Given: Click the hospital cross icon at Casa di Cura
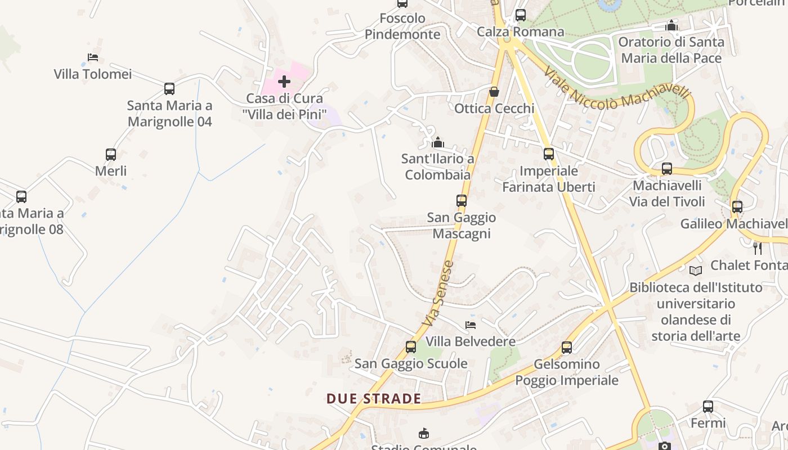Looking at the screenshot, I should click(x=284, y=82).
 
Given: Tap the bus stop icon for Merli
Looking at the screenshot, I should click(x=111, y=154).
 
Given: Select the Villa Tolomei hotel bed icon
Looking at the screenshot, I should click(x=93, y=57).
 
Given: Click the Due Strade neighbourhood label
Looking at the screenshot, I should click(x=374, y=399).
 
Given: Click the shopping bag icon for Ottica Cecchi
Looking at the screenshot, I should click(x=494, y=91).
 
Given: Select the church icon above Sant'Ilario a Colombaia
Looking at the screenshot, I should click(x=438, y=142).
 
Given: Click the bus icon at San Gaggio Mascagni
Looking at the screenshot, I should click(x=462, y=200).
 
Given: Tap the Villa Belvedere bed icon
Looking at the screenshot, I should click(x=471, y=325).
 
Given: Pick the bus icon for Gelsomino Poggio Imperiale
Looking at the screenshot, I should click(x=567, y=347).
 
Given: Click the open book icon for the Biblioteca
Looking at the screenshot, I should click(x=696, y=271).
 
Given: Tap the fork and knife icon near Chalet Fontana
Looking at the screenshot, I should click(x=758, y=248).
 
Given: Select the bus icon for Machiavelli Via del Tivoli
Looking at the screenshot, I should click(x=667, y=168).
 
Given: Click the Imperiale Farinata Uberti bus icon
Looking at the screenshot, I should click(x=549, y=154).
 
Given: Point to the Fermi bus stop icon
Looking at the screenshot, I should click(x=708, y=406).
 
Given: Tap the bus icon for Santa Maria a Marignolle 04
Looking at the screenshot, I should click(x=169, y=88).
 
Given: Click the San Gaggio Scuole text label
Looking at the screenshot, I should click(x=411, y=363).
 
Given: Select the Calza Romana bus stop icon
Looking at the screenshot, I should click(x=521, y=15).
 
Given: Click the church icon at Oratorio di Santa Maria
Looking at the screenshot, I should click(x=671, y=25).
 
